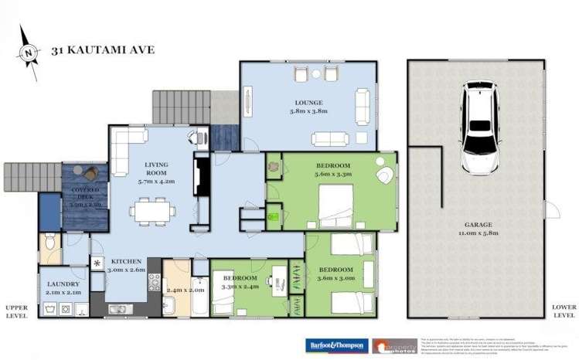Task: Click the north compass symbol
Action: tap(29, 53)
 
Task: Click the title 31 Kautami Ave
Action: tap(103, 50)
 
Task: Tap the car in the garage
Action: tap(480, 127)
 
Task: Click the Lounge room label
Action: tap(308, 107)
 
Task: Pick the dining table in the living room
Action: tap(152, 209)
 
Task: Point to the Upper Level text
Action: tap(15, 311)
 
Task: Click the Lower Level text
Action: tap(564, 311)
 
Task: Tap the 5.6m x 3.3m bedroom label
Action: tap(334, 171)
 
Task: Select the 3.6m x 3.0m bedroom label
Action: tap(335, 274)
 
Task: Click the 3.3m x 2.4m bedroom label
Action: tap(240, 280)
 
